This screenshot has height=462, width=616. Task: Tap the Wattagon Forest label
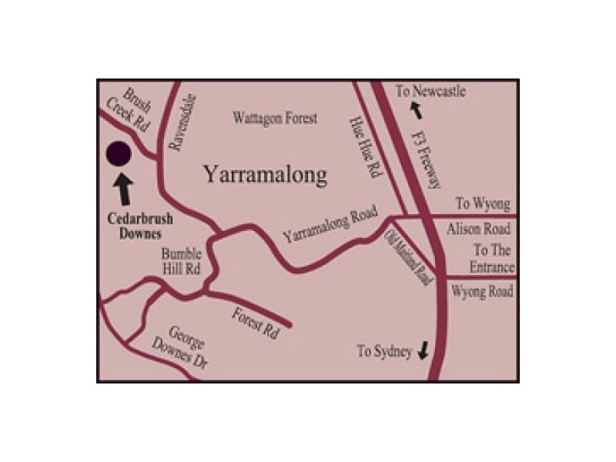coord(275,119)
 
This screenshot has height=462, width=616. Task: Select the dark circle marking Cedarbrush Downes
coord(119,154)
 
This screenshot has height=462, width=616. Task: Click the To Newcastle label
coord(430,92)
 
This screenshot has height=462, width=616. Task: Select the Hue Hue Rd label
coord(365,146)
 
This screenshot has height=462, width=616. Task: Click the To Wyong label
coord(483,204)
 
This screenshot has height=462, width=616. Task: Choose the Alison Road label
coord(478,229)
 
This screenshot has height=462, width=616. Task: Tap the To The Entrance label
coord(493,259)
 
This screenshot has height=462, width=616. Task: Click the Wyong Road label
coord(481,292)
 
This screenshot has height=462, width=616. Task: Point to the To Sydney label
coord(385,351)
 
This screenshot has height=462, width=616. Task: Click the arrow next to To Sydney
coord(423,351)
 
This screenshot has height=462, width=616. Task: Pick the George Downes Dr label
coord(188,348)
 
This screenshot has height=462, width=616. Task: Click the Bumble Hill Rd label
coord(182,262)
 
